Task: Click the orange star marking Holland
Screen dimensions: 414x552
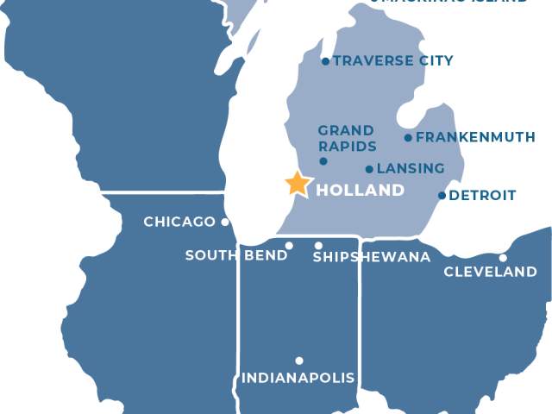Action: click(298, 183)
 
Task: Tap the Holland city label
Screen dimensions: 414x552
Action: click(360, 190)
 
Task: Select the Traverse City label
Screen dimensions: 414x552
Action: click(392, 61)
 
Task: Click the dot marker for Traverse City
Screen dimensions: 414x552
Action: click(325, 61)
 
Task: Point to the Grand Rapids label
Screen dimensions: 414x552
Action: click(347, 138)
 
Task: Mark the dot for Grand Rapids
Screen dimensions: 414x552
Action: click(323, 161)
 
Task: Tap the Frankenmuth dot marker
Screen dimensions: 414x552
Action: click(409, 137)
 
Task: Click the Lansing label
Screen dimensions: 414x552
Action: click(411, 168)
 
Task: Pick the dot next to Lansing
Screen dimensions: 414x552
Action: click(370, 169)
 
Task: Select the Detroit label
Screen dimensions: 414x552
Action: click(482, 196)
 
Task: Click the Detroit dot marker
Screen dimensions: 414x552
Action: click(442, 195)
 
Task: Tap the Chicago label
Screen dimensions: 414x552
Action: click(179, 222)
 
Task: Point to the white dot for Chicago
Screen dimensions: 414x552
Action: click(225, 222)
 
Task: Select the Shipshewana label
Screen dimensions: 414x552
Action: click(371, 257)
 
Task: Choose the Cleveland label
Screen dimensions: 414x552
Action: click(490, 273)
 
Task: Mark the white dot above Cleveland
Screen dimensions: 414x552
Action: click(503, 257)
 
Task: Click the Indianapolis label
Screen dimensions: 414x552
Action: click(298, 378)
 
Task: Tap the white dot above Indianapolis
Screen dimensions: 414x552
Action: click(299, 361)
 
